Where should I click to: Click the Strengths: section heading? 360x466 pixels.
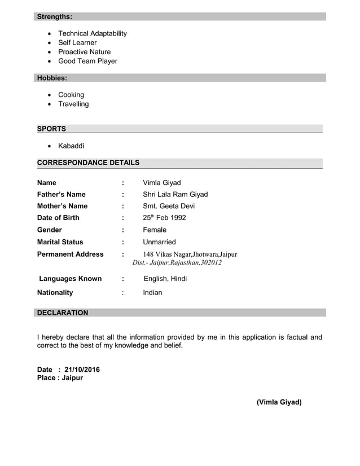point(54,17)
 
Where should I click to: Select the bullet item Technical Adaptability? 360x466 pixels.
point(93,33)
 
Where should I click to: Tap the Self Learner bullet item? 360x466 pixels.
point(77,42)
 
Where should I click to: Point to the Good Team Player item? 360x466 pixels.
point(87,61)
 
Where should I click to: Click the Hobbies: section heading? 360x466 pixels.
point(52,78)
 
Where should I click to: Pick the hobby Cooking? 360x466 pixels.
point(71,95)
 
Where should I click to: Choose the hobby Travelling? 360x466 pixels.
point(73,104)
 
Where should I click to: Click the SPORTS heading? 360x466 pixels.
point(51,129)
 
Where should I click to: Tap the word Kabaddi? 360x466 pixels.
point(71,146)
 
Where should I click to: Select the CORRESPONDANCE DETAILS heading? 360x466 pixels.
point(88,162)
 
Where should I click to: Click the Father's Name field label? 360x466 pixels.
point(61,194)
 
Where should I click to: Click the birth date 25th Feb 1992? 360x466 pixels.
point(164,218)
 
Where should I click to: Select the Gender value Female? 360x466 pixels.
point(155,230)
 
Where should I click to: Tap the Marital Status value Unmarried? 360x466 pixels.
point(159,242)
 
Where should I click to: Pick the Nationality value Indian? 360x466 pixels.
point(152,292)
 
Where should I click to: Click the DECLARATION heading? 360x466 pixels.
point(62,313)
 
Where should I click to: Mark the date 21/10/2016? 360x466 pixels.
point(82,370)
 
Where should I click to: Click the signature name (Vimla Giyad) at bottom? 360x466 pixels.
point(279,402)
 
